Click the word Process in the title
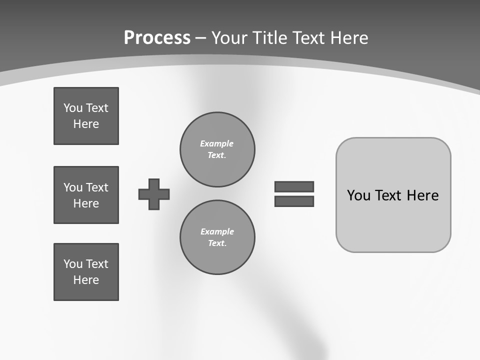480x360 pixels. pyautogui.click(x=157, y=38)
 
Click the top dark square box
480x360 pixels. pyautogui.click(x=86, y=116)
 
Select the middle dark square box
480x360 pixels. pyautogui.click(x=86, y=195)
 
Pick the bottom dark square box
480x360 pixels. pyautogui.click(x=86, y=272)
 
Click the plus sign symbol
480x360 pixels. pyautogui.click(x=154, y=194)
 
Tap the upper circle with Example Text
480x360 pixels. pyautogui.click(x=217, y=149)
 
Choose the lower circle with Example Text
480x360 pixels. pyautogui.click(x=217, y=237)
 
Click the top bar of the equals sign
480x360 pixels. pyautogui.click(x=294, y=186)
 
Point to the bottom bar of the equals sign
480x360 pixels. pyautogui.click(x=294, y=201)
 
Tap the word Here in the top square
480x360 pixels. pyautogui.click(x=86, y=124)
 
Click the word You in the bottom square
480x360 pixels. pyautogui.click(x=73, y=264)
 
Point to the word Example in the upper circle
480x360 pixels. pyautogui.click(x=216, y=143)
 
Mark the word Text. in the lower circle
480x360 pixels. pyautogui.click(x=217, y=243)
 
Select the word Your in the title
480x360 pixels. pyautogui.click(x=230, y=38)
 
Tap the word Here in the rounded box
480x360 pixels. pyautogui.click(x=422, y=195)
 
